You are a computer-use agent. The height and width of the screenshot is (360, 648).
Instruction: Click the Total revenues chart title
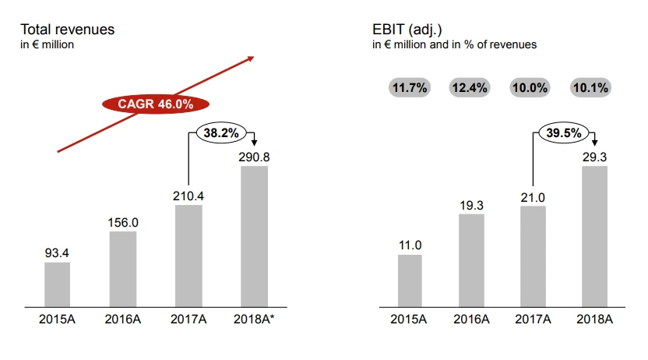[67, 29]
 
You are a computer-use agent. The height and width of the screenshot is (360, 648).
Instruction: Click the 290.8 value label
[255, 157]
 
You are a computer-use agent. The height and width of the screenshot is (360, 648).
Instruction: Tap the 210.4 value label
[188, 196]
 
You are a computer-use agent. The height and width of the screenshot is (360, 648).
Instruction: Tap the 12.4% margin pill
[470, 88]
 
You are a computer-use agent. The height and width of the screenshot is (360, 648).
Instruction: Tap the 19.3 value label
[470, 204]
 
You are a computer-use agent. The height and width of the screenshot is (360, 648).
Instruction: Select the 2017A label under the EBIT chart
[533, 319]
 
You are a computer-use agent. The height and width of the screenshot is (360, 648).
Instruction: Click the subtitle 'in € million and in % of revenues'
[454, 44]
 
